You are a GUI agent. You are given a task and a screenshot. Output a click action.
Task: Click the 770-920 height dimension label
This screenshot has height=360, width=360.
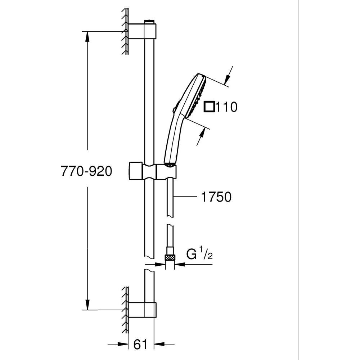pos(86,171)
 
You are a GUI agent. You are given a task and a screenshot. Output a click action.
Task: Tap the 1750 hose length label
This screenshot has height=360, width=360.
pos(216,197)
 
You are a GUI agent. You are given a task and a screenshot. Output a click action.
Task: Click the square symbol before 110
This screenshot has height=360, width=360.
pos(210,107)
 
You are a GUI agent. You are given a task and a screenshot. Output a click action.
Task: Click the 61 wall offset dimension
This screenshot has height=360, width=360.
pos(141,345)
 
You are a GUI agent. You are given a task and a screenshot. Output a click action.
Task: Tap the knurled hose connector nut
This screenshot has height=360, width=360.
pos(170,257)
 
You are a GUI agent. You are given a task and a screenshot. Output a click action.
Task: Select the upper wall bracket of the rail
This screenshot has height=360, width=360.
pos(142,31)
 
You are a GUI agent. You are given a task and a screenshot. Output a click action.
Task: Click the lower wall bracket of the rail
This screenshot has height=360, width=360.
pos(142,310)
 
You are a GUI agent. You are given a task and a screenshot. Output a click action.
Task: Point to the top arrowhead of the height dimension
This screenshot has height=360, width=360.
pos(87,36)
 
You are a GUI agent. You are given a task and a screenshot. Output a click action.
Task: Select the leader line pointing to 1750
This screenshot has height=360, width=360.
pos(185,197)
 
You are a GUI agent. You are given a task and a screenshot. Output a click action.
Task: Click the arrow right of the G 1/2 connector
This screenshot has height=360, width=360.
pos(180,264)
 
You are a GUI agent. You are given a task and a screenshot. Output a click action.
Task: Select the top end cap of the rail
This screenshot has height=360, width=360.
pos(149,22)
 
